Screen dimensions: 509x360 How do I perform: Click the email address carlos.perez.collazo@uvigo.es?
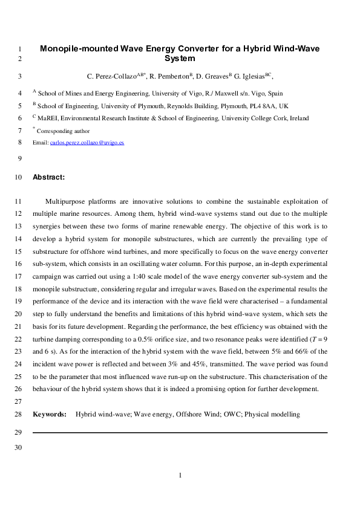(x=87, y=143)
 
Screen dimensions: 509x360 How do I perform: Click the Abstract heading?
(x=48, y=177)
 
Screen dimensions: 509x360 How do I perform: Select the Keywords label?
(x=49, y=414)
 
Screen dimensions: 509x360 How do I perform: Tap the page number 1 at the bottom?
(x=180, y=476)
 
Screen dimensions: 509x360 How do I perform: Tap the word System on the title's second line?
(x=180, y=59)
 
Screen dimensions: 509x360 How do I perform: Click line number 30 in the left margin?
(x=18, y=447)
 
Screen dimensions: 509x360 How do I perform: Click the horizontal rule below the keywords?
(x=180, y=433)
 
